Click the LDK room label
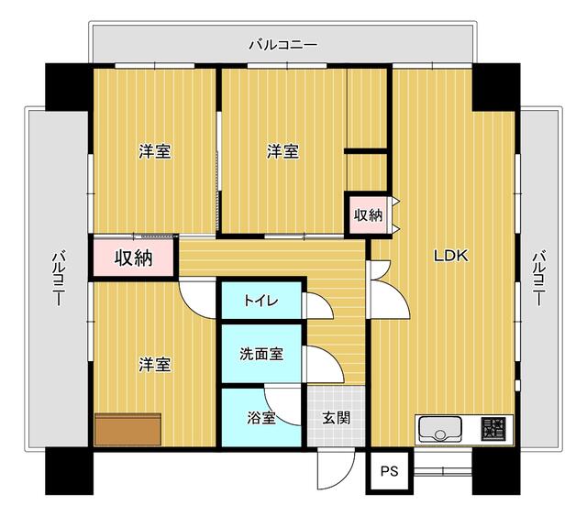450,256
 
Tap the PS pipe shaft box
389,471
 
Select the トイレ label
260,301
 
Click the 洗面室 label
261,354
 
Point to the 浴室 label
261,418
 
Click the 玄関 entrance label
337,418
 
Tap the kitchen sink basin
440,430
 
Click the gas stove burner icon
493,429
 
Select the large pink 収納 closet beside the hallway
134,258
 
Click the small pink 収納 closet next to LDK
369,215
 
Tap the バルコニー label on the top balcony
283,45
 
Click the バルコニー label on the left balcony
58,280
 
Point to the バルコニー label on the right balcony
538,280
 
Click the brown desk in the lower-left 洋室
128,429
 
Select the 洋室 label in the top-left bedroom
155,151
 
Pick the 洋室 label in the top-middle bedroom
283,151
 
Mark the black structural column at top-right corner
496,87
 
